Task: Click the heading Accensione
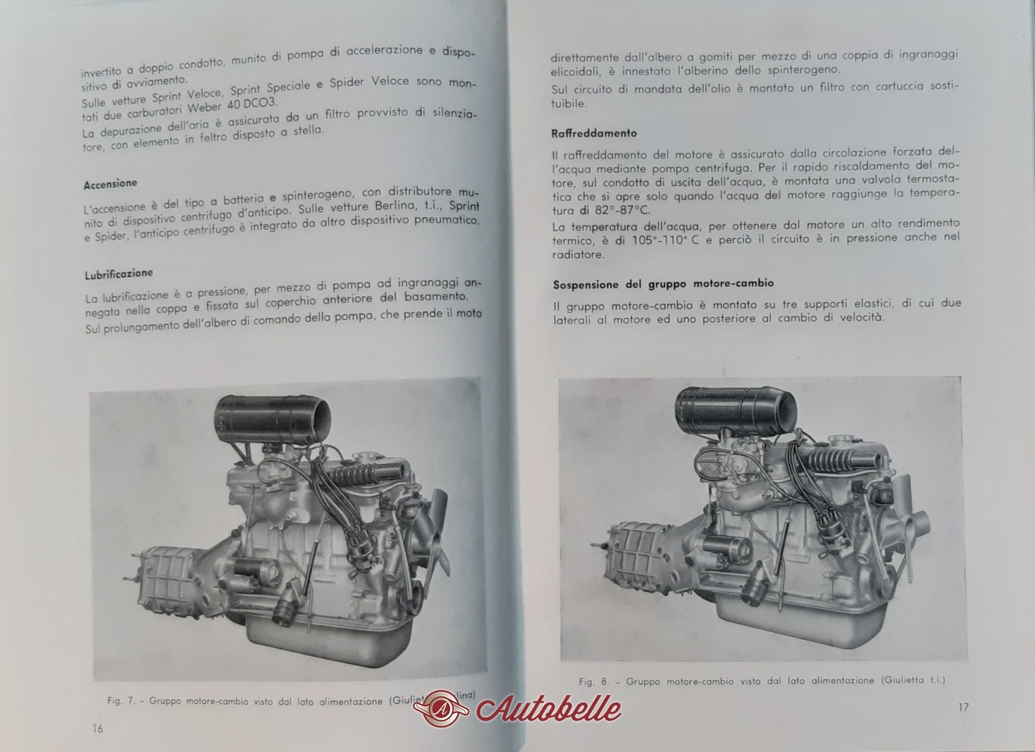click(111, 183)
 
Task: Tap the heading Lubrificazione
click(118, 274)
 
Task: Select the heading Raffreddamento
click(593, 134)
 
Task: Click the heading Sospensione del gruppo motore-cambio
click(663, 283)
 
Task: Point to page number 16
click(98, 728)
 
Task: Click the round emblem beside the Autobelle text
click(444, 708)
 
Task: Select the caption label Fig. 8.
click(594, 682)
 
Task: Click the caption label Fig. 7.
click(121, 701)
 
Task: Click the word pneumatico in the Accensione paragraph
click(447, 220)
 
